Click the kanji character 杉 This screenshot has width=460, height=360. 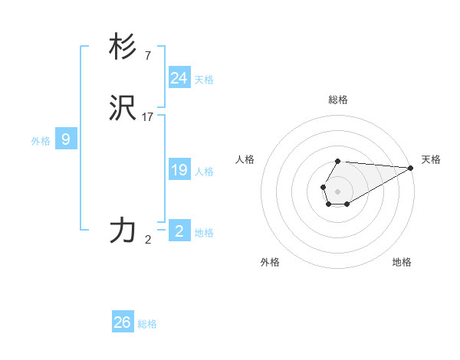(x=123, y=47)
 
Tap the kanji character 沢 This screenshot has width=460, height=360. (x=123, y=109)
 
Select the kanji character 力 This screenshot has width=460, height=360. (x=123, y=231)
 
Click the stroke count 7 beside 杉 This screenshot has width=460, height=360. (x=147, y=55)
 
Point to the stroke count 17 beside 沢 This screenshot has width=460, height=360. (x=148, y=116)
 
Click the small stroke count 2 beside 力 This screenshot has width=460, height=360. (x=148, y=239)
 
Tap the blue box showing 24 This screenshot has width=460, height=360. (x=179, y=77)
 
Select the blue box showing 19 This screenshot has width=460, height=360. (x=179, y=170)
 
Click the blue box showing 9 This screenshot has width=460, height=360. (x=66, y=139)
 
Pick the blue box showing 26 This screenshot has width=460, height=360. (x=123, y=322)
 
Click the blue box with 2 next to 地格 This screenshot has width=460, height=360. (x=179, y=231)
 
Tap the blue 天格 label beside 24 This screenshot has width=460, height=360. (x=204, y=80)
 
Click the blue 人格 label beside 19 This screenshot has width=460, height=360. (x=204, y=172)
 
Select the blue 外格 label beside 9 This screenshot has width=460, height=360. (x=41, y=141)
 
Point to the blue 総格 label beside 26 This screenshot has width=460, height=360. (x=147, y=324)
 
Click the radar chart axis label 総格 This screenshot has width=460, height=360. (x=338, y=100)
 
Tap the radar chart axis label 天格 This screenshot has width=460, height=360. (x=432, y=159)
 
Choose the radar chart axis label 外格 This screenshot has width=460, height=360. (x=270, y=262)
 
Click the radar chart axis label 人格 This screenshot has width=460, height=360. (x=245, y=159)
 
